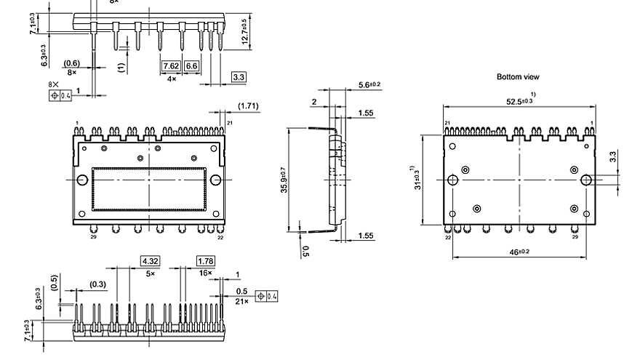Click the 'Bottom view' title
coord(518,76)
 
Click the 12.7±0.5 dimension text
coord(245,31)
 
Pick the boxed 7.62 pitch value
coord(171,66)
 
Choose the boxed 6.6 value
coord(192,66)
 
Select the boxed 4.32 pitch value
coord(151,260)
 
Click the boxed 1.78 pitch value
coord(206,260)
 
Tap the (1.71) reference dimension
coord(248,107)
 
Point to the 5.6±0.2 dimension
coord(370,85)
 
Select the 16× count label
coord(206,272)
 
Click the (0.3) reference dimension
coord(98,284)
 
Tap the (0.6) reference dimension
coord(72,63)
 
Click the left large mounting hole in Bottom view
coord(453,180)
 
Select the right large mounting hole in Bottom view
coord(586,180)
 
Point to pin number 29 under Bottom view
coord(575,237)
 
